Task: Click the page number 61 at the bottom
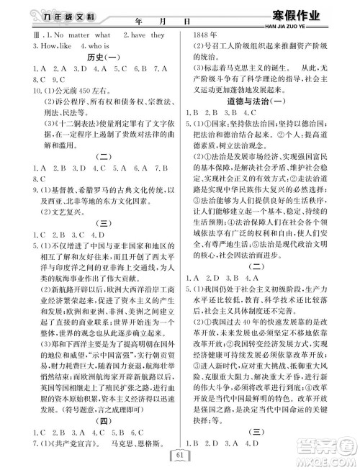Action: click(x=180, y=454)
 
